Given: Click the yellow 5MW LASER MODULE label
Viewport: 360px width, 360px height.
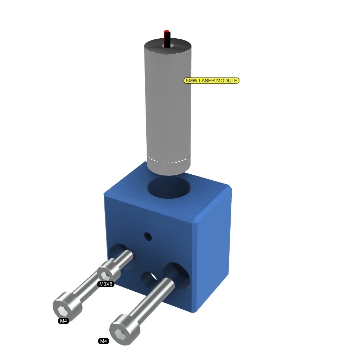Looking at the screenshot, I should tap(211, 81).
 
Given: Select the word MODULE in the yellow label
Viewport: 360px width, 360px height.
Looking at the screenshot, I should tap(227, 81).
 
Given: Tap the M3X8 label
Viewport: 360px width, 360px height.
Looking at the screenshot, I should tap(106, 284).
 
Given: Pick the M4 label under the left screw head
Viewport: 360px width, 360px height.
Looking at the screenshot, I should tap(63, 321).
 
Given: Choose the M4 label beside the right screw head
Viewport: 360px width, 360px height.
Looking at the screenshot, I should tap(103, 341).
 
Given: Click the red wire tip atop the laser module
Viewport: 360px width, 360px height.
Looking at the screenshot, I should tap(166, 32).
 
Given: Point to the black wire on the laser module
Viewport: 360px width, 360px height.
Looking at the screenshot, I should tap(168, 39).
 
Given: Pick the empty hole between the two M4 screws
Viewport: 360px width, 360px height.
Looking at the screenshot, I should tap(149, 278).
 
